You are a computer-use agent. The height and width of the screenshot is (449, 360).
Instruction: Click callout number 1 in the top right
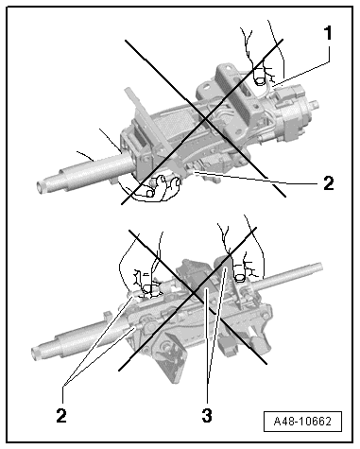click(328, 33)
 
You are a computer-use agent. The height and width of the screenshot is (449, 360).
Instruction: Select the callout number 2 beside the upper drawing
click(329, 183)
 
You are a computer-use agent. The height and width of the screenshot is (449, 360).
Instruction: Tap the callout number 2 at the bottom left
click(61, 414)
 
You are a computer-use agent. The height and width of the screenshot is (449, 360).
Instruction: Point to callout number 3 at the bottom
click(207, 415)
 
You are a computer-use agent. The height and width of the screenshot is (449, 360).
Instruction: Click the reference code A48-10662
click(302, 421)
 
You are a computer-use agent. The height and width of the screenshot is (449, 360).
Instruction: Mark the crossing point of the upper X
click(205, 119)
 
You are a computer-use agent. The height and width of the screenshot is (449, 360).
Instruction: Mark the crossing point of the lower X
click(195, 292)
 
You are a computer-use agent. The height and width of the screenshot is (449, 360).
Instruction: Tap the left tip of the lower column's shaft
click(36, 353)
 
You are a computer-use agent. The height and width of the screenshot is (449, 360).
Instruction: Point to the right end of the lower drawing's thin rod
click(320, 267)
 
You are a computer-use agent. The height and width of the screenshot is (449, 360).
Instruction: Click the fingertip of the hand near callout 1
click(260, 80)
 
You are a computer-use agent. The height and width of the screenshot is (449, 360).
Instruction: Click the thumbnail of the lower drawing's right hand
click(240, 277)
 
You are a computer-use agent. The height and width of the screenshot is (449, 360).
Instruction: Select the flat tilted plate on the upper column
click(150, 125)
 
